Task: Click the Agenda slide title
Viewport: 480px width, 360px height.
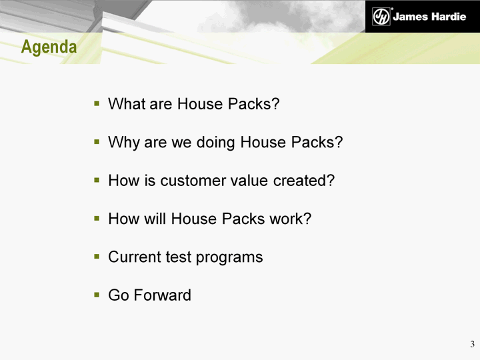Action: point(49,47)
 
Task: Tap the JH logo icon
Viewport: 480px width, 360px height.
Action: point(381,16)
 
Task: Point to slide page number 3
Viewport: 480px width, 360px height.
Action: point(473,344)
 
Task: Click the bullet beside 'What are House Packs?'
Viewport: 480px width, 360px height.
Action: point(97,103)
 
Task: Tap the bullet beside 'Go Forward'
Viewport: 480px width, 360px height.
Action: point(97,295)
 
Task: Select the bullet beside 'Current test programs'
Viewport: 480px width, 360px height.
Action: point(97,257)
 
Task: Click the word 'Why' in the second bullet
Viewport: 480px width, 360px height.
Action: point(124,143)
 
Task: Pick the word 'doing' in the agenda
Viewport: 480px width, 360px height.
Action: point(215,143)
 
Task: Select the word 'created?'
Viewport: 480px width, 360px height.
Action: point(304,180)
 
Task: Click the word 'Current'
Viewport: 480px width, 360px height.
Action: point(135,257)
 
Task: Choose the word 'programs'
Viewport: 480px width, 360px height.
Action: point(229,257)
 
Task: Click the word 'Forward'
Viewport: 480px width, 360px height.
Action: point(162,295)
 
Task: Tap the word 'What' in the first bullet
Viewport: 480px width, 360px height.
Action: point(127,104)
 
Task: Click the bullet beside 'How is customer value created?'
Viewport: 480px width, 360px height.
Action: point(97,180)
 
